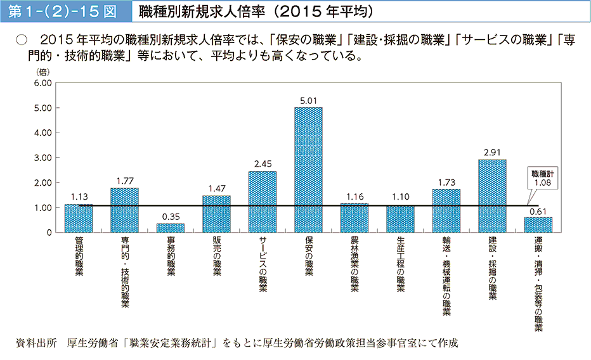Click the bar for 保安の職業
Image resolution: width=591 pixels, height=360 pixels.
308,170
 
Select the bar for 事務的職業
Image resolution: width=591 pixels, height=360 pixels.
171,228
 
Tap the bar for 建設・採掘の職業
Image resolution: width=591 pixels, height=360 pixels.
492,196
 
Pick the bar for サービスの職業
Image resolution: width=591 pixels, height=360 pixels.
263,202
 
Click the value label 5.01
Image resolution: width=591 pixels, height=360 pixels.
308,100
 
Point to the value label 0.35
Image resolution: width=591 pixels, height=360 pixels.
171,216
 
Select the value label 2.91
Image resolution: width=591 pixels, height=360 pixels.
492,153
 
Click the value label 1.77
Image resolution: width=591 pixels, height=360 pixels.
124,181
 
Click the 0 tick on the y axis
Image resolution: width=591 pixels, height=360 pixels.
48,233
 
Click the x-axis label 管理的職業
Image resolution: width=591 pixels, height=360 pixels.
79,257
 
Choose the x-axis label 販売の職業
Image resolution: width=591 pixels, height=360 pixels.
216,257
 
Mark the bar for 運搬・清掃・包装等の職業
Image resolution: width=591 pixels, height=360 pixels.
538,225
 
